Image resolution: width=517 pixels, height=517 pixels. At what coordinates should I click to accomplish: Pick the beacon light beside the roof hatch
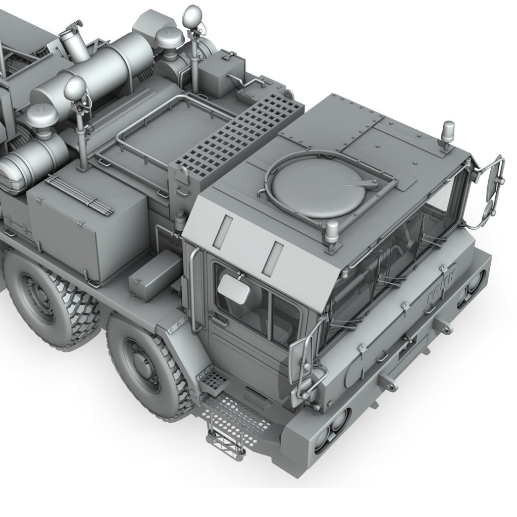[x=332, y=233]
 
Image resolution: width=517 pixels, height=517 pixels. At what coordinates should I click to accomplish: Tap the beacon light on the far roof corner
[x=448, y=132]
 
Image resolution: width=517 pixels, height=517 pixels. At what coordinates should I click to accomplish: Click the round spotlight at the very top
[x=192, y=15]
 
